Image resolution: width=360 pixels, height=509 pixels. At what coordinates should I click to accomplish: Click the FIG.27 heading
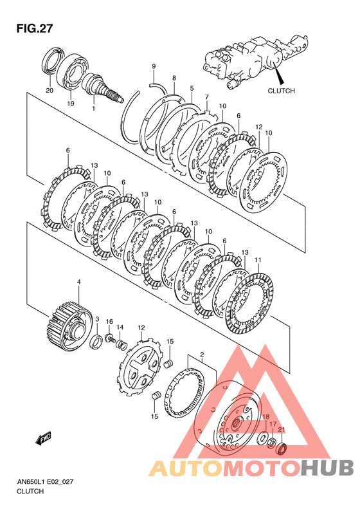tap(34, 28)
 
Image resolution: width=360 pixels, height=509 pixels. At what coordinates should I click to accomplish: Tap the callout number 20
tap(50, 91)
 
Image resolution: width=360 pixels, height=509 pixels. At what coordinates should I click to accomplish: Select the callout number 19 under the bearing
tap(70, 104)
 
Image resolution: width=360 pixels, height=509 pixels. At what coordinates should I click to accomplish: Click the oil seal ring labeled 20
tap(53, 61)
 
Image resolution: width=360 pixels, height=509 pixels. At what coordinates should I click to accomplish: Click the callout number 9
tap(154, 66)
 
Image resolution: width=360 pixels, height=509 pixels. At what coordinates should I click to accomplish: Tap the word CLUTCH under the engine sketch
tap(281, 91)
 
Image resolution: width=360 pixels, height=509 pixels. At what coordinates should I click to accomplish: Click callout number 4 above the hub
tap(78, 282)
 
